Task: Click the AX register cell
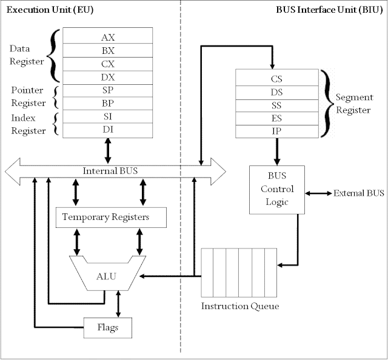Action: (107, 37)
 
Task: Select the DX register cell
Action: (107, 77)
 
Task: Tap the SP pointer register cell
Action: (107, 90)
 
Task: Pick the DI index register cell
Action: (107, 130)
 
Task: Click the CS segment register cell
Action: (276, 78)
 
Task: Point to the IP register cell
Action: (276, 131)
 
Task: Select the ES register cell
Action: (276, 118)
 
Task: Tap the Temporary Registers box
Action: (110, 216)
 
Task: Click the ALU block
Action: (106, 276)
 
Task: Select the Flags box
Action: (107, 327)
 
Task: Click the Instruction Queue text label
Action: (240, 306)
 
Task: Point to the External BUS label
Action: (358, 193)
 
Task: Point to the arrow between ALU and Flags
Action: (118, 303)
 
